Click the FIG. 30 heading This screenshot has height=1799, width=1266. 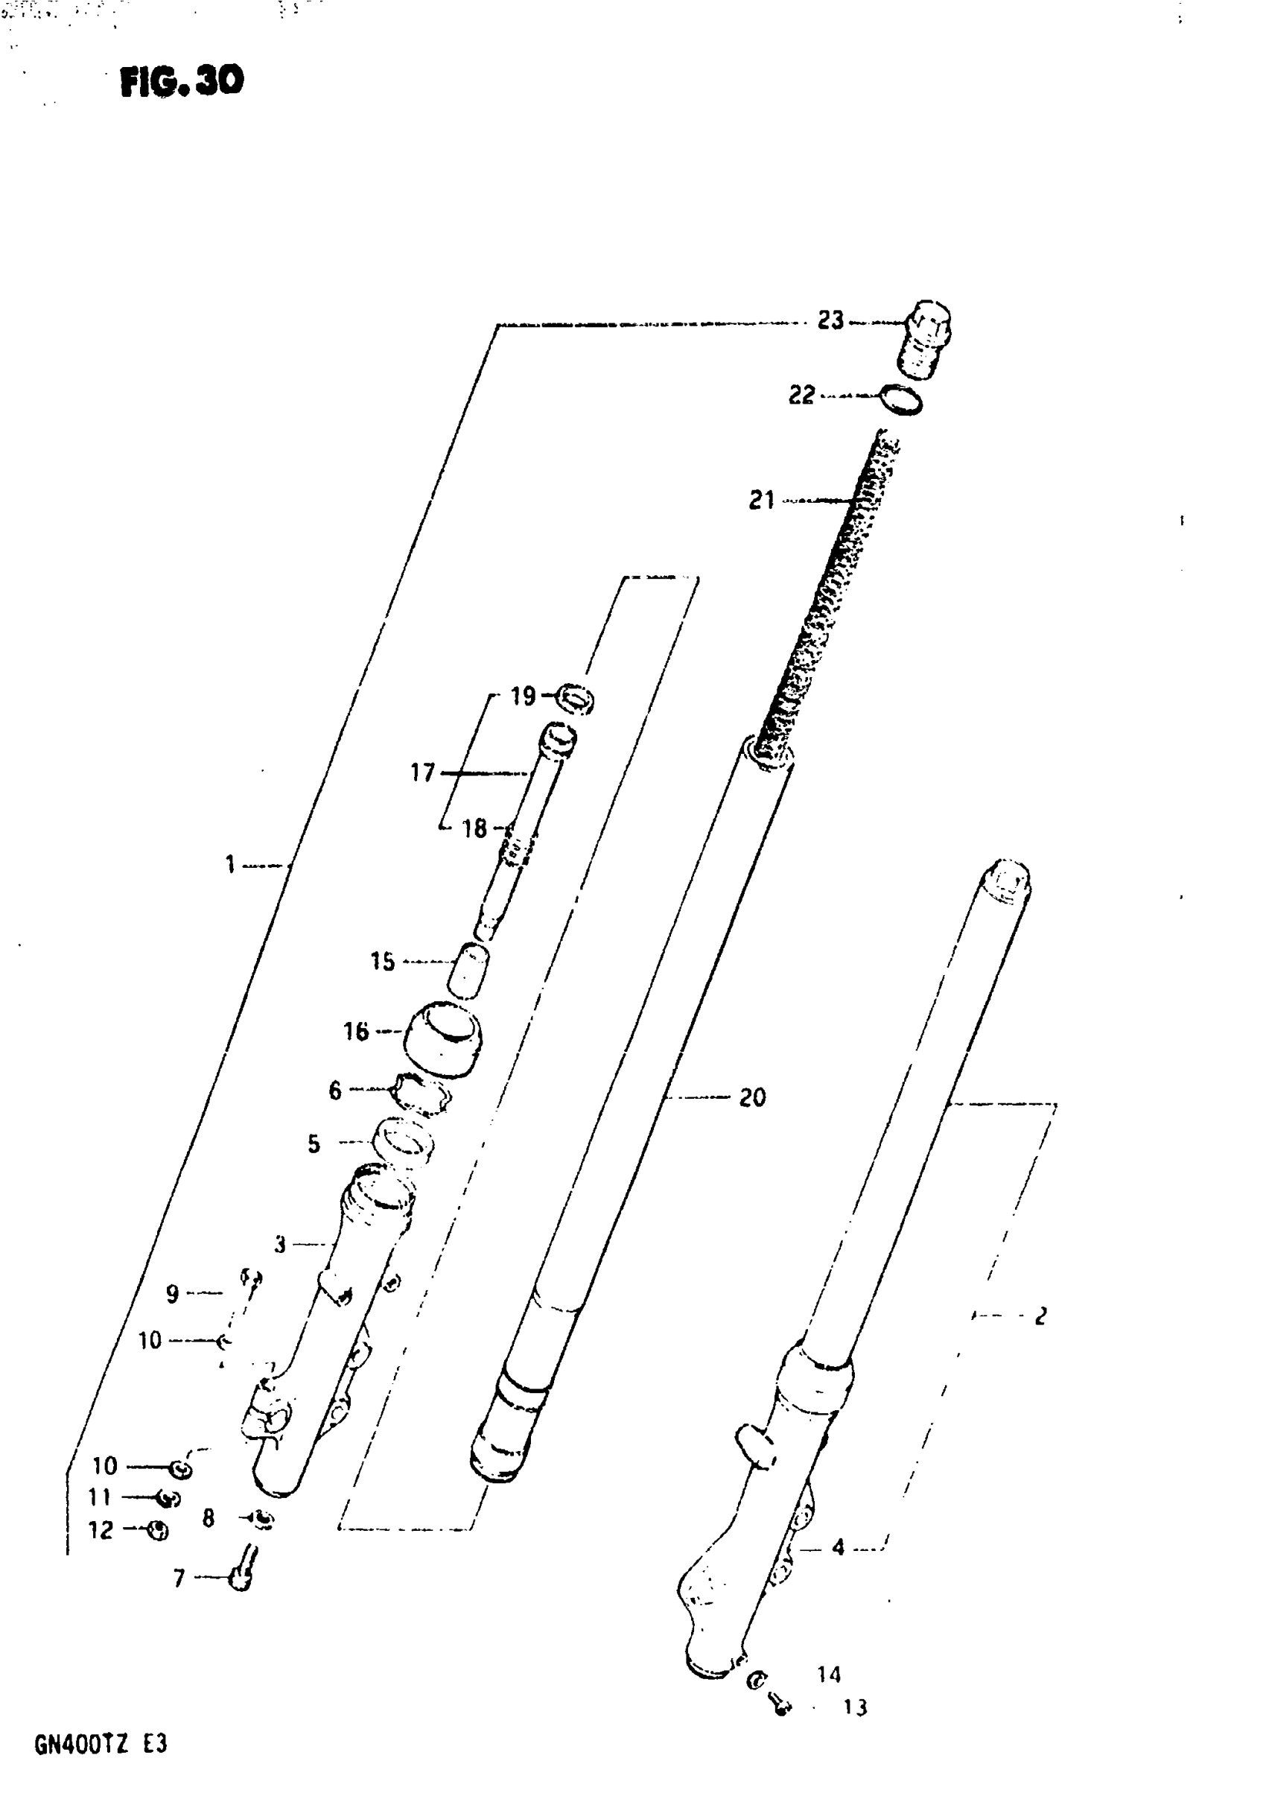pyautogui.click(x=182, y=80)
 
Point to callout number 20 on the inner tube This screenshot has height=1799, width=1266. pyautogui.click(x=752, y=1098)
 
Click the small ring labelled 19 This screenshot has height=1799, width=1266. pyautogui.click(x=575, y=698)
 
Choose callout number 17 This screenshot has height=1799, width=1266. pyautogui.click(x=422, y=772)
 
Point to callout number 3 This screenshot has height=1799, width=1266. pyautogui.click(x=280, y=1244)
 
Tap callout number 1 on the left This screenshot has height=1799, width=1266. pyautogui.click(x=230, y=865)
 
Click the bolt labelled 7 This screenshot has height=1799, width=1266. pyautogui.click(x=241, y=1577)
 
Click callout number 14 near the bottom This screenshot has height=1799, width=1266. pyautogui.click(x=829, y=1675)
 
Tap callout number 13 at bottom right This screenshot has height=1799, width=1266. pyautogui.click(x=855, y=1707)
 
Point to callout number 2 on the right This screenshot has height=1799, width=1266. pyautogui.click(x=1040, y=1316)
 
